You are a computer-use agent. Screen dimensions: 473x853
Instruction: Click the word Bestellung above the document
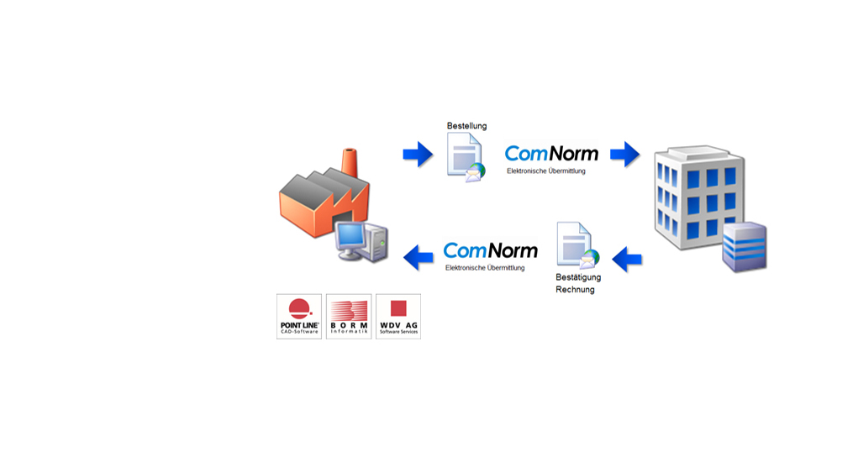click(466, 126)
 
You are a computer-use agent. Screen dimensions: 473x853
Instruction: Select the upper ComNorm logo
click(551, 154)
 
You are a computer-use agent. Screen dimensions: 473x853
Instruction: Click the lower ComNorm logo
click(490, 250)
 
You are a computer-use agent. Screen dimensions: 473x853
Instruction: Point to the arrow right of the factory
click(418, 154)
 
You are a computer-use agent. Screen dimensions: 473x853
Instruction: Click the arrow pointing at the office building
click(624, 154)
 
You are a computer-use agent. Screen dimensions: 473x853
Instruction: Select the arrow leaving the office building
click(627, 260)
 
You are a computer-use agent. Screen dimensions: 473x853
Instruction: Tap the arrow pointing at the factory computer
click(419, 256)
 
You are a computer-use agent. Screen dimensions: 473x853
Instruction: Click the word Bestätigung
click(578, 277)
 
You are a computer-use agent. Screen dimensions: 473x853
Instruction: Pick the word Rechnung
click(575, 290)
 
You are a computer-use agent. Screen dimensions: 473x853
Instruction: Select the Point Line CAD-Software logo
click(299, 316)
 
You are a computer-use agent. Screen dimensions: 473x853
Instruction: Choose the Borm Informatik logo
click(348, 316)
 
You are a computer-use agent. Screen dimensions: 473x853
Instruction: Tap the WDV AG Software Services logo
click(398, 316)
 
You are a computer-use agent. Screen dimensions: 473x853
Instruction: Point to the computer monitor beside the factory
click(350, 239)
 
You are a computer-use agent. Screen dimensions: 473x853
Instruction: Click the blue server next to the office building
click(745, 247)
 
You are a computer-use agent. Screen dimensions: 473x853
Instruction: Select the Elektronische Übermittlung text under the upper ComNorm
click(545, 171)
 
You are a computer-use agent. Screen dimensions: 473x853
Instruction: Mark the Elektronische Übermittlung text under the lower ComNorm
click(485, 268)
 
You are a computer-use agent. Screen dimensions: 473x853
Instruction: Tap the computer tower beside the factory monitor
click(378, 243)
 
